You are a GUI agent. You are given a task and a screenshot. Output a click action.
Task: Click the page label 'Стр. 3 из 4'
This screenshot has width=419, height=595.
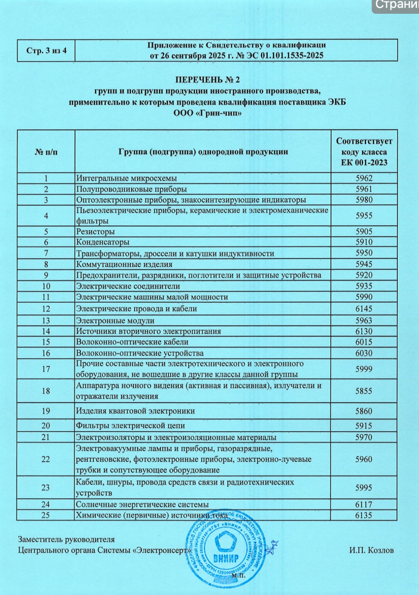coord(46,51)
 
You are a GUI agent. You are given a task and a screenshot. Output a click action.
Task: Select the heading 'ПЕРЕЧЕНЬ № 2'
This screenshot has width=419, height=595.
coord(207,79)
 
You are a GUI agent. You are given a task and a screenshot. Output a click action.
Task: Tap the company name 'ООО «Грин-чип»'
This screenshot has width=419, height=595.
coord(207,113)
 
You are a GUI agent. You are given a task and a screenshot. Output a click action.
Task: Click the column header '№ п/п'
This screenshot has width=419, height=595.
coord(46,152)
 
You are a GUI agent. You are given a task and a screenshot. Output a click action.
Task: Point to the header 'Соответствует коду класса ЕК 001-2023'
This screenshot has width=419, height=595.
coord(364,152)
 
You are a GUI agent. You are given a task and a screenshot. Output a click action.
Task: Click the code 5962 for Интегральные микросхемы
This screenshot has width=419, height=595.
coord(364,178)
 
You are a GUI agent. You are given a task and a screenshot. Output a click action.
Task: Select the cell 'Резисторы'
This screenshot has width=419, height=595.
coord(96,232)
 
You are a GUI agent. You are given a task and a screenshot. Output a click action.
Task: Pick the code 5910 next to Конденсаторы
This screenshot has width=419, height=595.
coord(364,242)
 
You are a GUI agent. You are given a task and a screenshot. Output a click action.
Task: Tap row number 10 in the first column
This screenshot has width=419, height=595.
coord(46,286)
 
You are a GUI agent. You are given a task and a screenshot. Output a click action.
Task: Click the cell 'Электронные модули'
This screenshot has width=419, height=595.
coord(115,321)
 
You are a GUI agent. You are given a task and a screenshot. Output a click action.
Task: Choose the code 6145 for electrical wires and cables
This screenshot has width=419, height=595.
coord(364,309)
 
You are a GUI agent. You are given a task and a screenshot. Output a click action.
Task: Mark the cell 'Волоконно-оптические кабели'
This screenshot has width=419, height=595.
coord(132,342)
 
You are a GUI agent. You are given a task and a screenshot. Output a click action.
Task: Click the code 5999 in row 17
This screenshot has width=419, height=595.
coord(364,369)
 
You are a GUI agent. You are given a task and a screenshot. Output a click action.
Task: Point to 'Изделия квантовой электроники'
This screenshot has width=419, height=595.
coord(135,411)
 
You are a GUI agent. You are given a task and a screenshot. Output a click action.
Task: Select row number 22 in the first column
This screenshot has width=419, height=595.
coord(46,459)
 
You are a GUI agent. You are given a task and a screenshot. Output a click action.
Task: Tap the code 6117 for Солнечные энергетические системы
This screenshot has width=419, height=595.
coord(363,504)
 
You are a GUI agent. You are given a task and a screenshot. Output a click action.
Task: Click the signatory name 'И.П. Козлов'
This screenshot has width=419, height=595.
coord(371,550)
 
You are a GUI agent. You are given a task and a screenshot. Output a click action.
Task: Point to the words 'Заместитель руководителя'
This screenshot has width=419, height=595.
coord(66,539)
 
